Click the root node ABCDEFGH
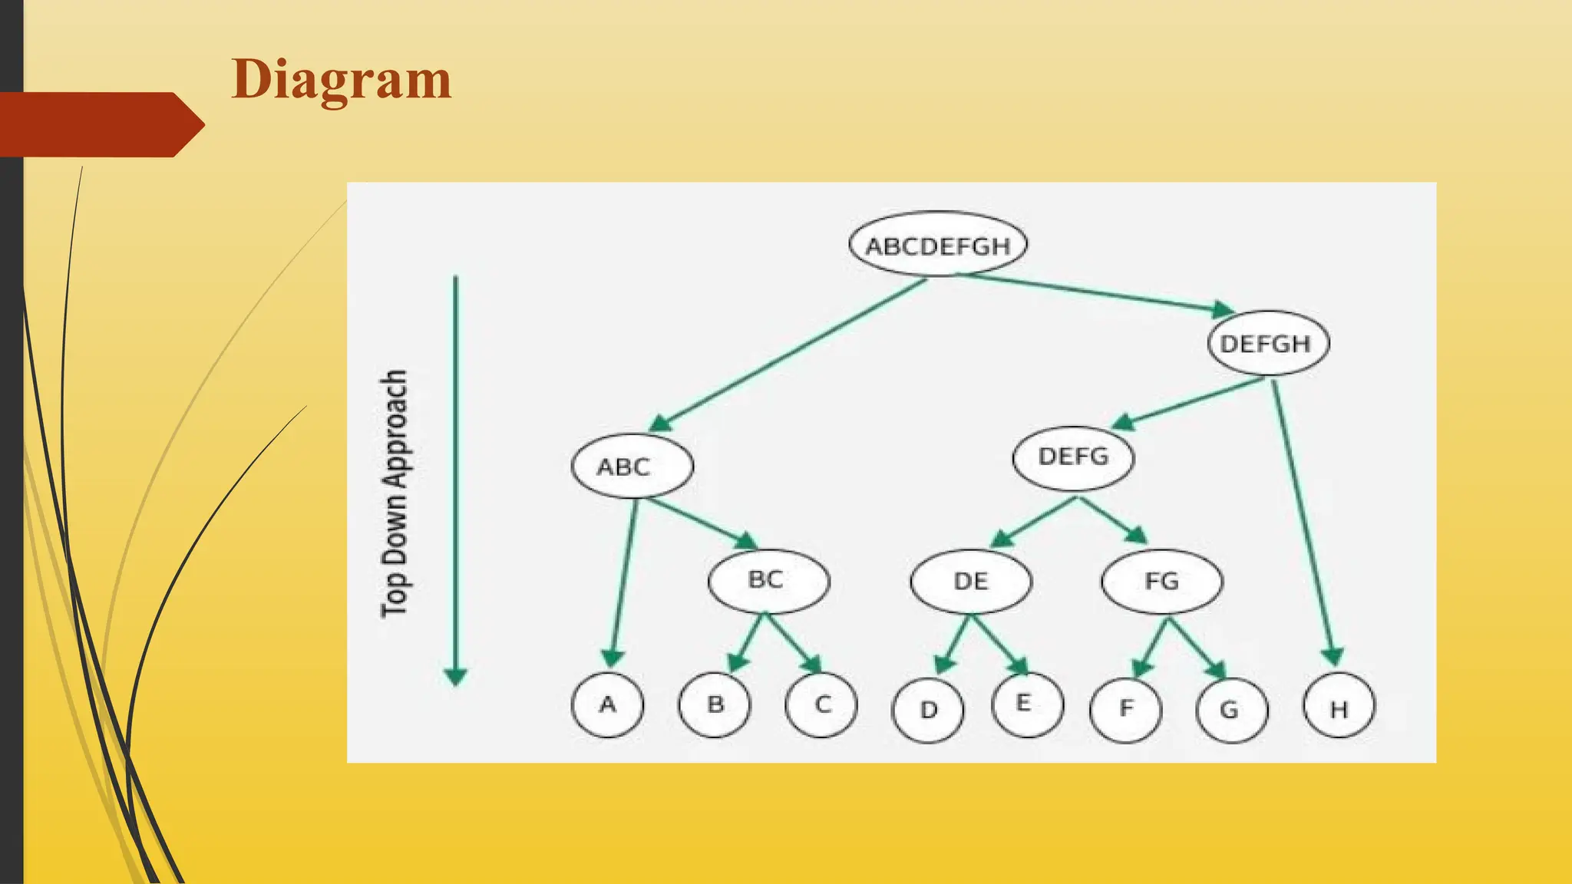tap(938, 245)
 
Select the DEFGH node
tap(1268, 343)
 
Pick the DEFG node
tap(1073, 457)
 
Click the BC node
tap(768, 580)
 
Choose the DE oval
tap(971, 581)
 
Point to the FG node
tap(1161, 581)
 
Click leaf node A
tap(607, 704)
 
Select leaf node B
tap(715, 704)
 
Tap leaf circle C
tap(822, 704)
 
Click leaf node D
tap(928, 710)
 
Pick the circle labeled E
tap(1027, 704)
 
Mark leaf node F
tap(1125, 708)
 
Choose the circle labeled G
tap(1231, 710)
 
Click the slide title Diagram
tap(341, 80)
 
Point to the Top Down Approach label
tap(395, 493)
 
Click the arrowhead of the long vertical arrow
tap(456, 676)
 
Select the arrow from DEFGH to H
tap(1303, 522)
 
